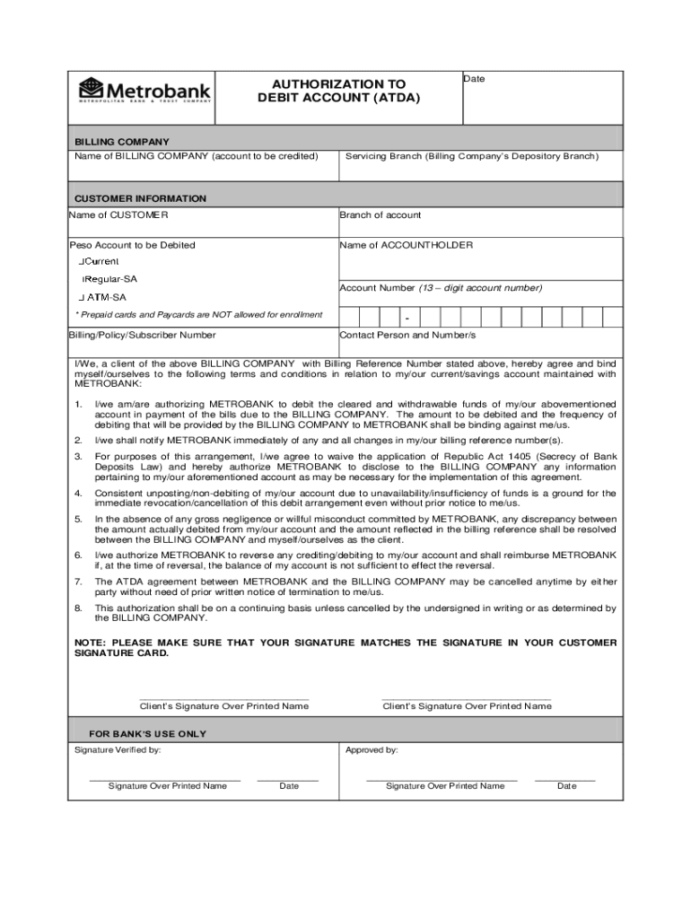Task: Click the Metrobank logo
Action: coord(145,91)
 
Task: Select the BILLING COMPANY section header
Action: coord(121,142)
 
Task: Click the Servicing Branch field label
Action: coord(471,156)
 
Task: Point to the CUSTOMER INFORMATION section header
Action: coord(140,198)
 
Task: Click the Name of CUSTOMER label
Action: coord(118,214)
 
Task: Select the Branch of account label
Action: coord(380,214)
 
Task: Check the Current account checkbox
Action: coord(81,261)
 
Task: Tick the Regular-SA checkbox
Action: coord(84,279)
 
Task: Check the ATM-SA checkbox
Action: coord(82,297)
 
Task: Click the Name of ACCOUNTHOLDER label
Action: coord(406,245)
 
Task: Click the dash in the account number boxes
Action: coord(407,319)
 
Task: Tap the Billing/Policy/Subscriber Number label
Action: coord(142,335)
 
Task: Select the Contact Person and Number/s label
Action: coord(407,335)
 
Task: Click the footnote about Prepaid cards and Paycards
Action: coord(198,314)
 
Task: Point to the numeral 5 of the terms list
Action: coord(78,519)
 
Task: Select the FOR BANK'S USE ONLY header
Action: coord(147,734)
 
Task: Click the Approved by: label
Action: coord(371,749)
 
